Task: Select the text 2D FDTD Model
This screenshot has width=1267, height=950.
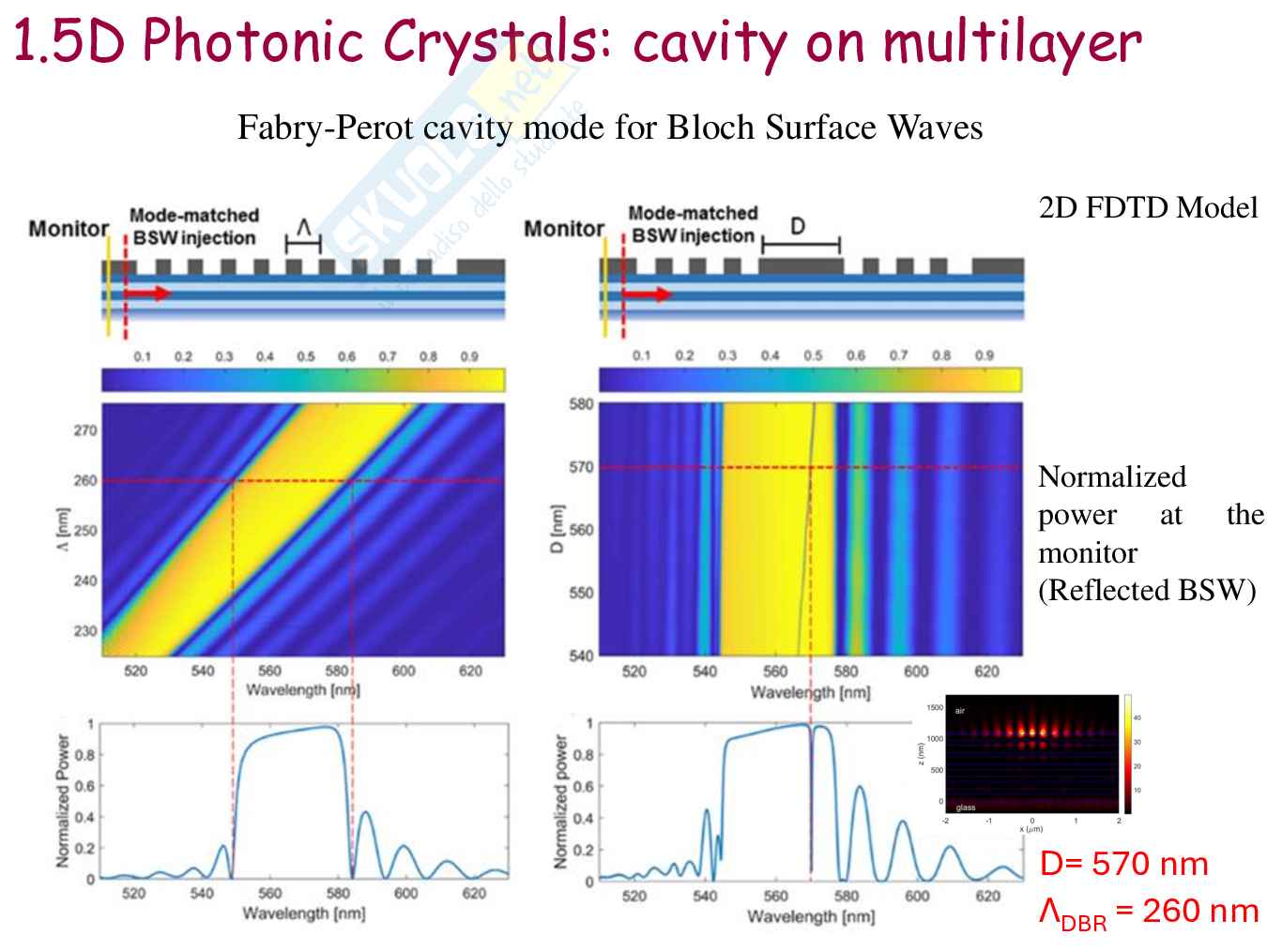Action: (1148, 207)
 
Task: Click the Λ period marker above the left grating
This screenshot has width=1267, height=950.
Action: (303, 228)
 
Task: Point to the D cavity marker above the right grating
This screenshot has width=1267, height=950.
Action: (798, 227)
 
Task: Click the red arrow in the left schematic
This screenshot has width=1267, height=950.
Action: (148, 294)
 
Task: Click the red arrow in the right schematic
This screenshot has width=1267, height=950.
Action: (647, 294)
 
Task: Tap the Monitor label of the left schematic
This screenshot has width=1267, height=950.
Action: (69, 229)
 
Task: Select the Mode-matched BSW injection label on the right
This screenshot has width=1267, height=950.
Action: (693, 225)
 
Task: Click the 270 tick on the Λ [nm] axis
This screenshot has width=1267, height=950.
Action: (85, 430)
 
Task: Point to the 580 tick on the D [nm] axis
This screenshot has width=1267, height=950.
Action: (581, 404)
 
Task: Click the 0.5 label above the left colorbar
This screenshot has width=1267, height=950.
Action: (306, 356)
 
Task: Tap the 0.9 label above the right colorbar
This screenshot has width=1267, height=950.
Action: (984, 355)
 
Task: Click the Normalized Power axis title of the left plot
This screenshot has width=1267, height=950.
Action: (63, 800)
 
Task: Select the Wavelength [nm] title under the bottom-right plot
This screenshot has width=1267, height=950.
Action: (811, 916)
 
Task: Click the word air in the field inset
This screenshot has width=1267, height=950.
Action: (960, 711)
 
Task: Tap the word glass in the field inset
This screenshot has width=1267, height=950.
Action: (965, 807)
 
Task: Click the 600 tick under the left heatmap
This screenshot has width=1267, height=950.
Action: (404, 671)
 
